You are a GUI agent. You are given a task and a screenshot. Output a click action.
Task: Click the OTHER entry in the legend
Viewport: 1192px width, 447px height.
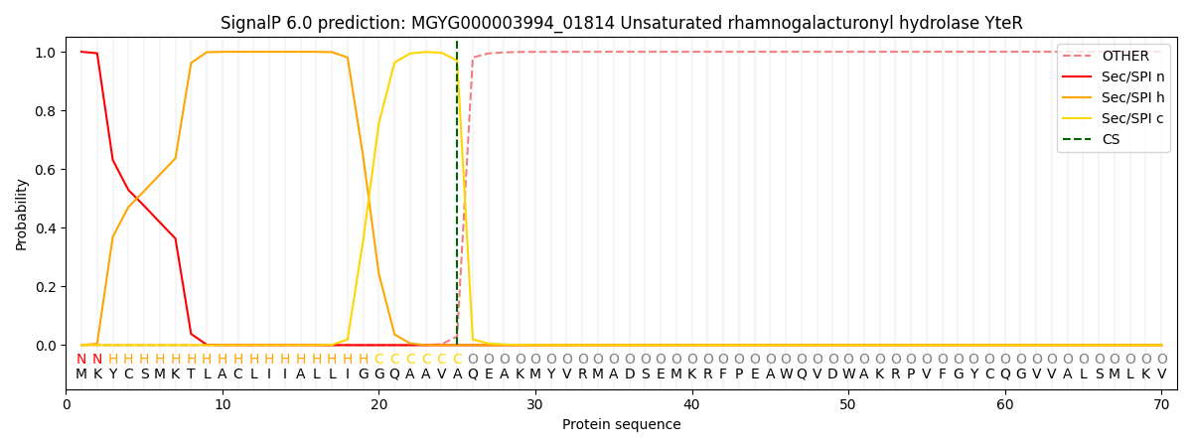[x=1124, y=57]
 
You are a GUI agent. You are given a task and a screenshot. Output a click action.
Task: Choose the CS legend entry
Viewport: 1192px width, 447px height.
[x=1111, y=139]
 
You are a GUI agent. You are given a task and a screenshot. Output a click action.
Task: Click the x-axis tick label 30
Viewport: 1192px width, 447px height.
[x=535, y=404]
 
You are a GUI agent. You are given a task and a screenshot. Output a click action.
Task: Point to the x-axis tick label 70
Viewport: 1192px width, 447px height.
[x=1161, y=404]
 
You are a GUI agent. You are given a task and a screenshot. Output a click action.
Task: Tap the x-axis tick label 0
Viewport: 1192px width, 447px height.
[x=67, y=404]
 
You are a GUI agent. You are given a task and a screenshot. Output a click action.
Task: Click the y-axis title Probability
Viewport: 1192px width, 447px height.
[x=22, y=214]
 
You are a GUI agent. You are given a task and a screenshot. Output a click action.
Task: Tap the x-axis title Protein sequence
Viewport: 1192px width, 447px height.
[x=621, y=425]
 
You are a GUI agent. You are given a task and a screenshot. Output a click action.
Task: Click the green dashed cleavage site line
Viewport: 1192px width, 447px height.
[x=457, y=199]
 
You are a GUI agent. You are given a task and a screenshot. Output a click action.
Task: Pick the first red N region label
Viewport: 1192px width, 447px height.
[x=81, y=360]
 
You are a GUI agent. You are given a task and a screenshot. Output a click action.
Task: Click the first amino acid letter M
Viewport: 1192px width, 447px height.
[x=81, y=374]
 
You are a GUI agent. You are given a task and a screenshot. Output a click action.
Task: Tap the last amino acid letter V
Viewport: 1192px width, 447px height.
[x=1161, y=374]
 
